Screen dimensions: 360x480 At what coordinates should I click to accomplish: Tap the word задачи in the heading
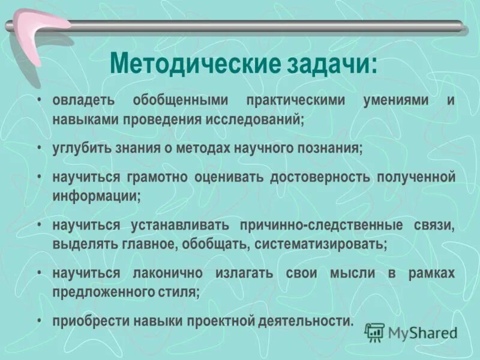click(325, 64)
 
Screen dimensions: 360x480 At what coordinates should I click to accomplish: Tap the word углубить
click(80, 148)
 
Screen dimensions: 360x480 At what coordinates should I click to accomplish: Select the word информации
click(96, 196)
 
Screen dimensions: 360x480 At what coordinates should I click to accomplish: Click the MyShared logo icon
click(375, 332)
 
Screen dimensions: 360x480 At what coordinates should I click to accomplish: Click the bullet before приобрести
click(39, 321)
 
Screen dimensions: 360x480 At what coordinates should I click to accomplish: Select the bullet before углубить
click(39, 148)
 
